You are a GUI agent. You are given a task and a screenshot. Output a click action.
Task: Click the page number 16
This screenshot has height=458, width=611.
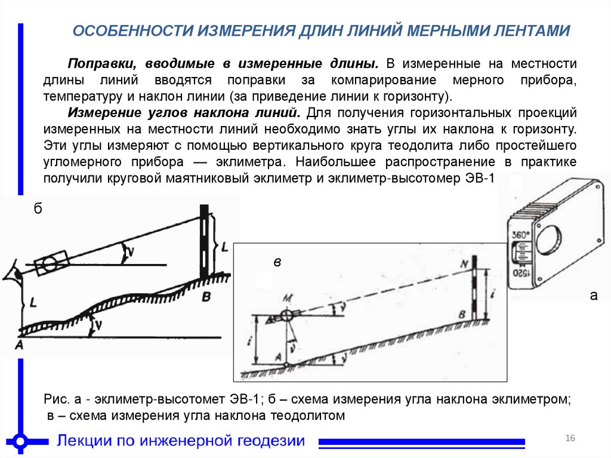coord(570,439)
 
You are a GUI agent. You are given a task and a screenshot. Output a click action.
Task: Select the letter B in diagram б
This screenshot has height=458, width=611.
coord(206,297)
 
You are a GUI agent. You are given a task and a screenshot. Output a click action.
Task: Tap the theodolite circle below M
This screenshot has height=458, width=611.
coord(286,315)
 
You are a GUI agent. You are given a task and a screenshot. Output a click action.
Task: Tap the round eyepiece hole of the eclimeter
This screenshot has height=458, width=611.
coord(548,241)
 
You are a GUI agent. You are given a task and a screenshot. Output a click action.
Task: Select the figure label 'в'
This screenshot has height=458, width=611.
coord(277,262)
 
